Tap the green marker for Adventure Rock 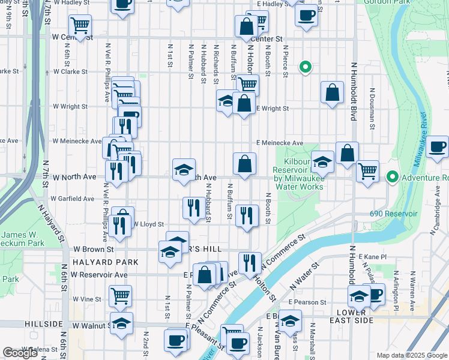click(x=393, y=177)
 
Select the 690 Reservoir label click(x=403, y=214)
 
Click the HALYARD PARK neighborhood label click(x=105, y=262)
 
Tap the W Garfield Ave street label click(x=72, y=198)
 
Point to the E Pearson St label click(x=307, y=302)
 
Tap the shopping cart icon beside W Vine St click(x=120, y=295)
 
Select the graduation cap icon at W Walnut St click(x=121, y=323)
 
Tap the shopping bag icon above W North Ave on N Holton click(x=244, y=163)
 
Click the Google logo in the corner click(x=20, y=353)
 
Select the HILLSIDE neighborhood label click(x=44, y=323)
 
